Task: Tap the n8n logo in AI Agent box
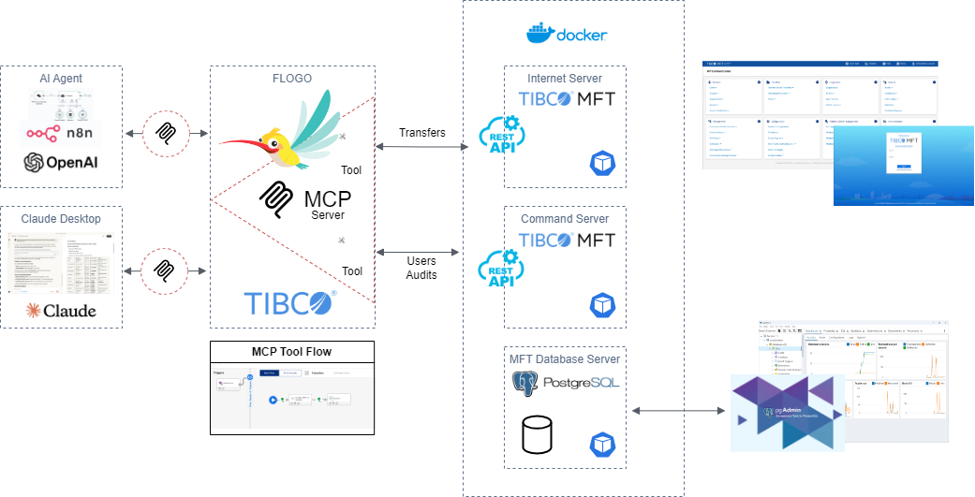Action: [x=61, y=134]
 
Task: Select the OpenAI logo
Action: [x=61, y=162]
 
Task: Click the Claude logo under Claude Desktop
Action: [x=61, y=310]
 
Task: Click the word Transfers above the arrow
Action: [x=422, y=132]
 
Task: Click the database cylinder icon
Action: [x=537, y=434]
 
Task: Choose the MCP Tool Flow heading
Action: [x=291, y=352]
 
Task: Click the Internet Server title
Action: [x=565, y=79]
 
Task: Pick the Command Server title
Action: [x=565, y=219]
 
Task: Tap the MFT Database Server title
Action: [x=565, y=358]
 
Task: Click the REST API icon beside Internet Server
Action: [x=499, y=139]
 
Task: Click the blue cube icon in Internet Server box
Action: [x=601, y=163]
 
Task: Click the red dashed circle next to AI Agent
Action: [x=165, y=132]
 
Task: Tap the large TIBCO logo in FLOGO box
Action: [x=290, y=302]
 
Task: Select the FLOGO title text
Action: [x=292, y=79]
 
